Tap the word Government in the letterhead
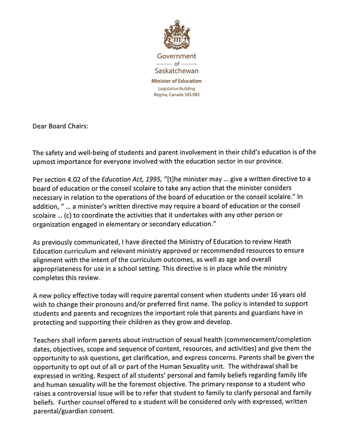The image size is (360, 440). click(x=176, y=56)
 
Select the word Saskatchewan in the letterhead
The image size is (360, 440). click(x=176, y=71)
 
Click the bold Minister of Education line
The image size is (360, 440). click(x=176, y=81)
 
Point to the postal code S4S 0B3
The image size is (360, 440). click(x=191, y=95)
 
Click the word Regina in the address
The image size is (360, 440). click(x=161, y=95)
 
